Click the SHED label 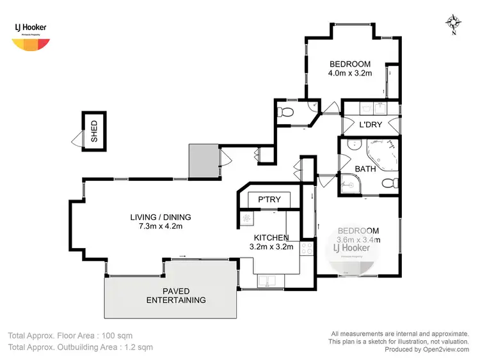[x=94, y=131]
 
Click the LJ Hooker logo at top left [x=30, y=35]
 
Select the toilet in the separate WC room [x=286, y=113]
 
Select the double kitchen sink [x=268, y=280]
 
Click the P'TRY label [x=269, y=200]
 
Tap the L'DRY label [x=371, y=125]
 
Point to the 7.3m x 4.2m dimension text [x=161, y=226]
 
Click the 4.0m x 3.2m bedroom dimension [x=350, y=74]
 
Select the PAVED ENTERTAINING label [x=176, y=295]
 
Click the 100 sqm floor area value [x=117, y=335]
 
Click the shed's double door [x=77, y=139]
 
